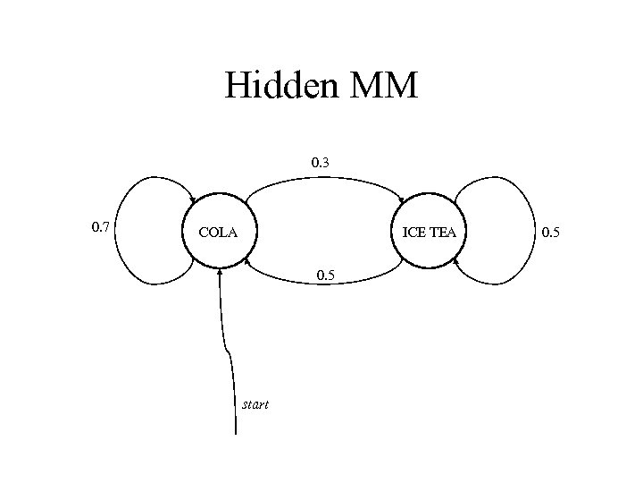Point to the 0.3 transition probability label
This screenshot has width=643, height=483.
tap(321, 163)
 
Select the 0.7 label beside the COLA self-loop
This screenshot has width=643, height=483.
tap(101, 227)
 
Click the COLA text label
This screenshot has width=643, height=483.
tap(218, 233)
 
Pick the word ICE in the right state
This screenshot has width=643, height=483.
tap(414, 233)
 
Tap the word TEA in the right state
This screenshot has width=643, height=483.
tap(442, 233)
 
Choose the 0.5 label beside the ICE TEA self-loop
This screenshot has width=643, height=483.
tap(551, 233)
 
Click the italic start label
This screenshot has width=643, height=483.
tap(255, 405)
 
